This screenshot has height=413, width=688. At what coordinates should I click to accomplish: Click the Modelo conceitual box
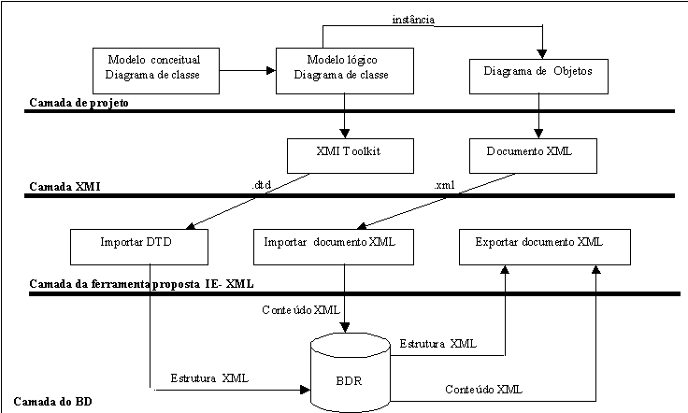[156, 68]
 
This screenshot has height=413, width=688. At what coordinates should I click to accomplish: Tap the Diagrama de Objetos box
[537, 72]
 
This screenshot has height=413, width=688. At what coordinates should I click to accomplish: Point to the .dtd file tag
[264, 185]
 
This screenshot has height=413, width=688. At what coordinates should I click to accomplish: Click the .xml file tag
[447, 185]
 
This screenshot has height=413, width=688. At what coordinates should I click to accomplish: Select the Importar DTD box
[139, 246]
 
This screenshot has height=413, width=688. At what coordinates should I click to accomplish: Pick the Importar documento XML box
[329, 246]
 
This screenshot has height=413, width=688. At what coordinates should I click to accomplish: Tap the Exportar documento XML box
[544, 246]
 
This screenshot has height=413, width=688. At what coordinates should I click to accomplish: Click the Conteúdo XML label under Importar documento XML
[304, 309]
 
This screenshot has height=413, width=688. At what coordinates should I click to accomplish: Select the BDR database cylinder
[349, 374]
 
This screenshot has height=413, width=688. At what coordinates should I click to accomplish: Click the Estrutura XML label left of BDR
[213, 378]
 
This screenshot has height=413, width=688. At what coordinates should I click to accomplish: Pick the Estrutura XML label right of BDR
[440, 344]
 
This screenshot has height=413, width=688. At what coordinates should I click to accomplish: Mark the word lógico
[364, 59]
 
